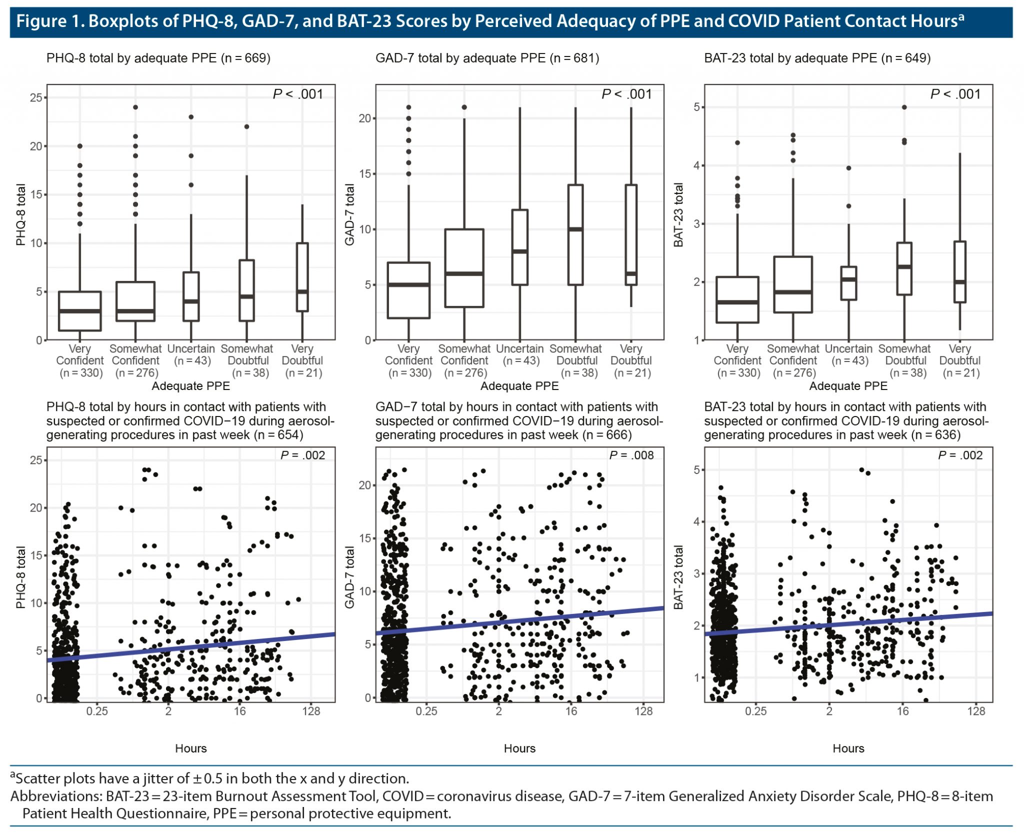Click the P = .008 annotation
pyautogui.click(x=631, y=455)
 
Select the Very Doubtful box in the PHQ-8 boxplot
pyautogui.click(x=302, y=277)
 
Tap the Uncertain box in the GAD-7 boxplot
pyautogui.click(x=520, y=247)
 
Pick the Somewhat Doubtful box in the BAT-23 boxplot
pyautogui.click(x=904, y=268)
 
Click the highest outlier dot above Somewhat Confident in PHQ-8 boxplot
pyautogui.click(x=135, y=107)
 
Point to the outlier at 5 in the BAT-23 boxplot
pyautogui.click(x=904, y=107)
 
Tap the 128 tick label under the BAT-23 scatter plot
pyautogui.click(x=976, y=711)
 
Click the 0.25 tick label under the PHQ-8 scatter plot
pyautogui.click(x=97, y=711)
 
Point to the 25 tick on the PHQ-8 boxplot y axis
pyautogui.click(x=36, y=97)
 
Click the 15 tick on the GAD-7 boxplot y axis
pyautogui.click(x=365, y=174)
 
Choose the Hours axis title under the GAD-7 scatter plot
pyautogui.click(x=519, y=748)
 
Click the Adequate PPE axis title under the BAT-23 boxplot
pyautogui.click(x=848, y=386)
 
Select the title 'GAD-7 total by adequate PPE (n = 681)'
pyautogui.click(x=487, y=58)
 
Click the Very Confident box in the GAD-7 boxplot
pyautogui.click(x=408, y=290)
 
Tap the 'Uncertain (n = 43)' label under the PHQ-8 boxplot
pyautogui.click(x=191, y=354)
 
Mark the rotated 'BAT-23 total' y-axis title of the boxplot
pyautogui.click(x=678, y=215)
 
